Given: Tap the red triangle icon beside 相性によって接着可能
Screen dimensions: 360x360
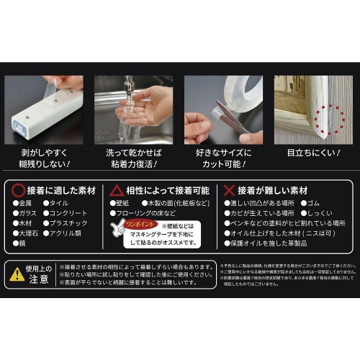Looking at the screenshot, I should click(117, 190).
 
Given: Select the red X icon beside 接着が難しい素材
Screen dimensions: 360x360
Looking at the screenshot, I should click(228, 190).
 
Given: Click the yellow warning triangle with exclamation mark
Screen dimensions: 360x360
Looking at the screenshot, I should click(17, 274).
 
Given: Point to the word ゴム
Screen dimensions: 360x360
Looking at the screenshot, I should click(315, 204).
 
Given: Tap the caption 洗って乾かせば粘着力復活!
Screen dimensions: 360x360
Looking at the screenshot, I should click(133, 159).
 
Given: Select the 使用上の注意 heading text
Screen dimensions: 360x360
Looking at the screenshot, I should click(40, 274).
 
